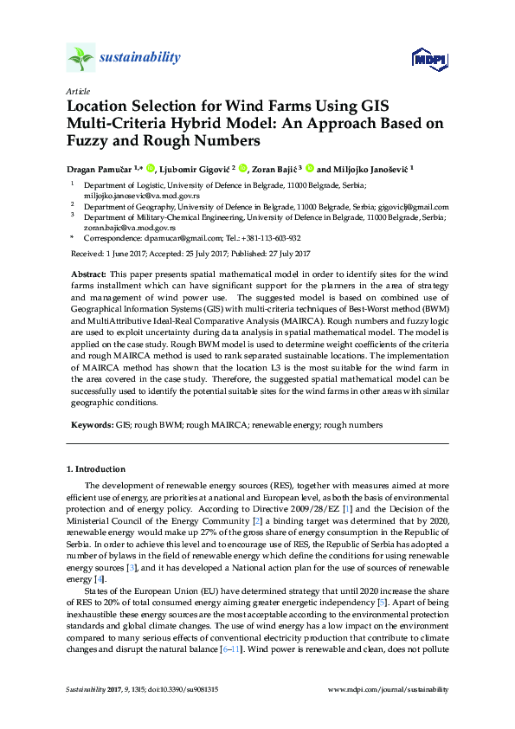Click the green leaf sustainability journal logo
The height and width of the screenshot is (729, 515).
80,58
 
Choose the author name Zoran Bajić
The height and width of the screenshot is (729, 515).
277,169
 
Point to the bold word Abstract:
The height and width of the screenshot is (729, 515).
88,273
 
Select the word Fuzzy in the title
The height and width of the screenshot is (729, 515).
93,141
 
